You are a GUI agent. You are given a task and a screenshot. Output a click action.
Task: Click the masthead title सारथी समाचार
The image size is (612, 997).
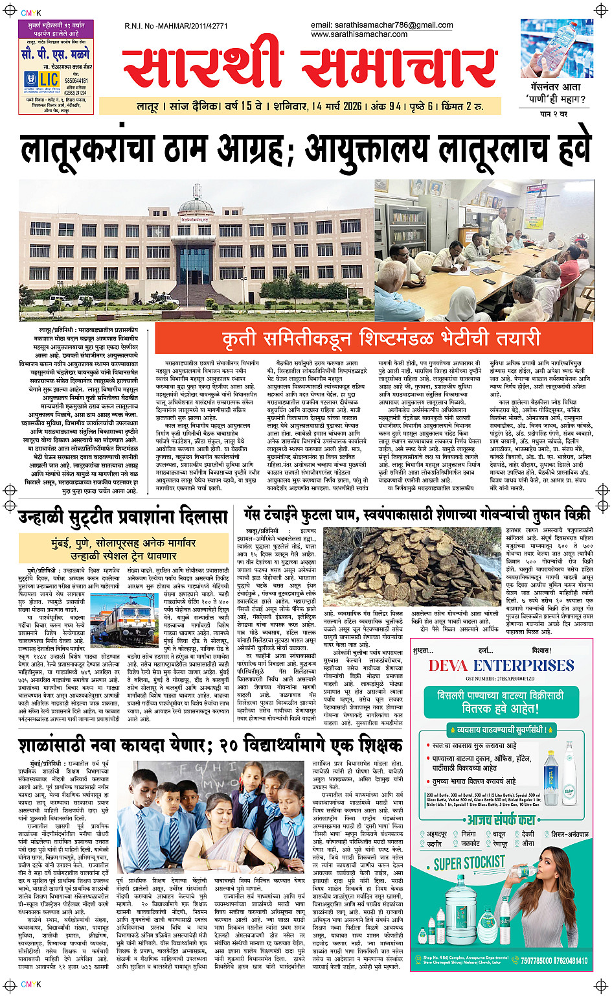click(x=310, y=68)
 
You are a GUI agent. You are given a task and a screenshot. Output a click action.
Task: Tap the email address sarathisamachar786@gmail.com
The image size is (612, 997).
click(x=381, y=25)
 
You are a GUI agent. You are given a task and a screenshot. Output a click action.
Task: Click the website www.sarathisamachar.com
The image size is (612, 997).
click(x=359, y=34)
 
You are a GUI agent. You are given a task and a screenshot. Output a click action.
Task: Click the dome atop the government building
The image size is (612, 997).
click(x=195, y=205)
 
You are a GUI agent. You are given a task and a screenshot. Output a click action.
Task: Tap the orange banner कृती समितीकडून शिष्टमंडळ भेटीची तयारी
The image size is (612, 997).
click(x=374, y=338)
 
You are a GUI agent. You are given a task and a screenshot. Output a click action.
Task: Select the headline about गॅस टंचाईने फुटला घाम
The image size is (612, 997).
click(x=416, y=515)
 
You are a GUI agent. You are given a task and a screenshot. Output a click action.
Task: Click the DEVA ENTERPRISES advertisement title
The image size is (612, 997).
click(x=501, y=666)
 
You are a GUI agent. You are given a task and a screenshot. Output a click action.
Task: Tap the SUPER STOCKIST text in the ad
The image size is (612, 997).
click(x=469, y=863)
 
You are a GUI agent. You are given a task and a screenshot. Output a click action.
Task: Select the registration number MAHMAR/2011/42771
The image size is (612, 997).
click(x=176, y=27)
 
